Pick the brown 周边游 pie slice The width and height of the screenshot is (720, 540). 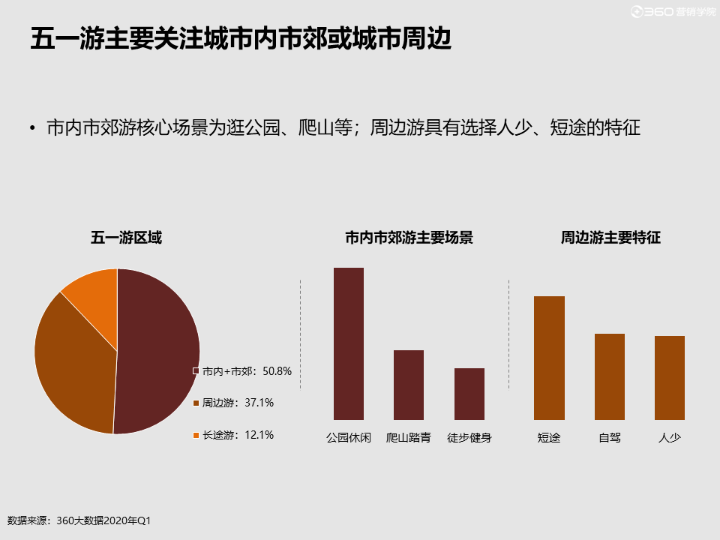(x=71, y=367)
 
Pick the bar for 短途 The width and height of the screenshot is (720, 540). (x=549, y=358)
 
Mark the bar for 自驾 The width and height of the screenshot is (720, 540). (x=610, y=376)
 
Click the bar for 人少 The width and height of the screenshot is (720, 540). (x=670, y=378)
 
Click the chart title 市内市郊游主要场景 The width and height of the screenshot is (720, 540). (x=409, y=238)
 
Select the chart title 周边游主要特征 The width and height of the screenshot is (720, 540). (x=610, y=238)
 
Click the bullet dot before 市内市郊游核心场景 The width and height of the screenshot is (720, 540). (x=32, y=130)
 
